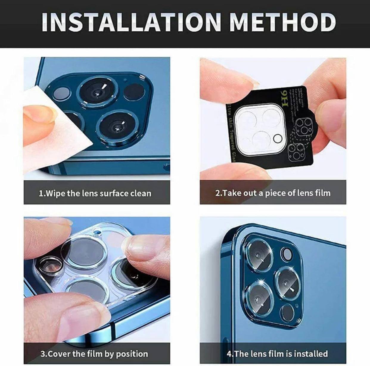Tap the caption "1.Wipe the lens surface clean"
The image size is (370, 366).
(95, 193)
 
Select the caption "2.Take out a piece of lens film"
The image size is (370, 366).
(273, 193)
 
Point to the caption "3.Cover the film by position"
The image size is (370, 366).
(94, 354)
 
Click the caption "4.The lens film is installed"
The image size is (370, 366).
(277, 354)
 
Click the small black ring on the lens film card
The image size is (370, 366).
(277, 138)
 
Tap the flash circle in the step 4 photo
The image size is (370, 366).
(287, 254)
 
